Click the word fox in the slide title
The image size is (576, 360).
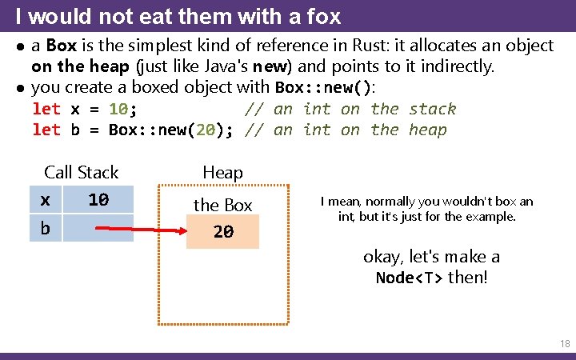[x=324, y=15]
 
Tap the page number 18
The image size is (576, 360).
[x=565, y=344]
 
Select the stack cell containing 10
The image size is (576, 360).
[x=98, y=199]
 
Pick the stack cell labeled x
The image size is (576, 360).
[x=46, y=199]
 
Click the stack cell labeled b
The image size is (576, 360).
[x=46, y=229]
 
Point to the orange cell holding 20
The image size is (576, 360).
[x=223, y=232]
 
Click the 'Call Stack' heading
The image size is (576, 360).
[x=81, y=172]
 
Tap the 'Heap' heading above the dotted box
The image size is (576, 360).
[x=222, y=172]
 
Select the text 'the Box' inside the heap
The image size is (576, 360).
[x=222, y=206]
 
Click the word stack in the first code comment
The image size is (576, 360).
[x=432, y=109]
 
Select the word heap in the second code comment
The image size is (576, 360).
[x=427, y=130]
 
